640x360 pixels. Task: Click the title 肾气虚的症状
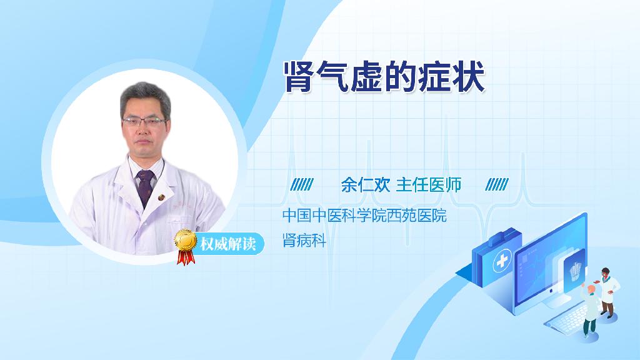click(x=384, y=77)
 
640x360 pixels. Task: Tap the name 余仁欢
click(x=366, y=185)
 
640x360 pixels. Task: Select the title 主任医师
click(x=429, y=185)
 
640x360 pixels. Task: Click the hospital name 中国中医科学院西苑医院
click(x=364, y=215)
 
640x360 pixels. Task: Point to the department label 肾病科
click(x=304, y=241)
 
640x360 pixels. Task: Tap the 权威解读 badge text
click(x=227, y=244)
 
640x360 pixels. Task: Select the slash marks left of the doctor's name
click(x=302, y=184)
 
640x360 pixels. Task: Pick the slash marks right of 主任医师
click(x=497, y=184)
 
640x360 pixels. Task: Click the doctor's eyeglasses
click(x=144, y=121)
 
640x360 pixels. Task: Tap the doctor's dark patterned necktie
click(x=145, y=187)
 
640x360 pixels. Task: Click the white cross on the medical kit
click(x=502, y=261)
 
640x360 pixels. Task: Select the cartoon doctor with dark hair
click(x=607, y=292)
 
